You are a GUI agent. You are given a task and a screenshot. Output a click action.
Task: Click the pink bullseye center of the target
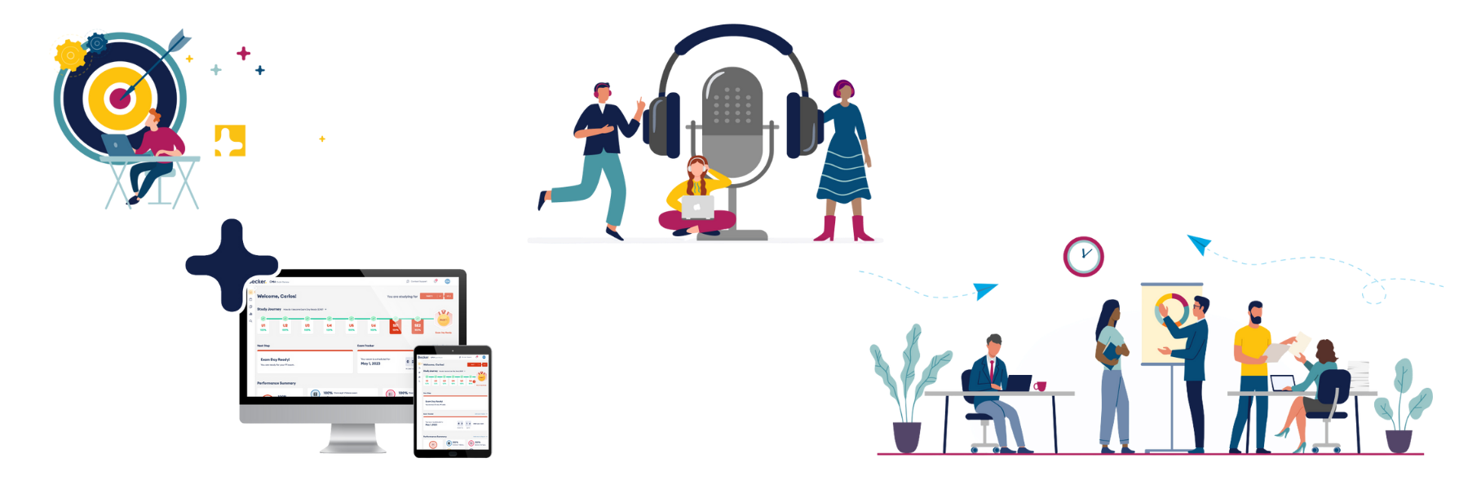pyautogui.click(x=121, y=99)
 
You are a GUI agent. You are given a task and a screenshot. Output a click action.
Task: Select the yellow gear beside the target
pyautogui.click(x=69, y=55)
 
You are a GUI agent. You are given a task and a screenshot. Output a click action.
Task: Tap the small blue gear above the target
pyautogui.click(x=97, y=42)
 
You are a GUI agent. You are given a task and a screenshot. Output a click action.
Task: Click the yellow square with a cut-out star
pyautogui.click(x=230, y=142)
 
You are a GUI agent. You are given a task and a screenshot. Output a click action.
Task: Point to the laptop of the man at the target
pyautogui.click(x=117, y=144)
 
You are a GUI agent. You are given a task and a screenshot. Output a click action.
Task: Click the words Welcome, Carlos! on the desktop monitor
pyautogui.click(x=277, y=297)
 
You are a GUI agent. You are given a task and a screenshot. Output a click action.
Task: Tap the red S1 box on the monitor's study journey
pyautogui.click(x=396, y=327)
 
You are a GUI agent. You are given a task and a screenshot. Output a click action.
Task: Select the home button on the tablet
pyautogui.click(x=453, y=452)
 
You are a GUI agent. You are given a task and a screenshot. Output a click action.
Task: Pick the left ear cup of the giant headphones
pyautogui.click(x=662, y=125)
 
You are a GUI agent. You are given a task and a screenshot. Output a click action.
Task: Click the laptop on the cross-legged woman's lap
pyautogui.click(x=697, y=208)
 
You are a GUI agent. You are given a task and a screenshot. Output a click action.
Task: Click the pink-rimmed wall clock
pyautogui.click(x=1083, y=257)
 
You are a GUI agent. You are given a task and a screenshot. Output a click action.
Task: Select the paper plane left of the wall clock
pyautogui.click(x=985, y=289)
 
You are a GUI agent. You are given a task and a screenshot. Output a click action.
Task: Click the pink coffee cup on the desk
pyautogui.click(x=1040, y=385)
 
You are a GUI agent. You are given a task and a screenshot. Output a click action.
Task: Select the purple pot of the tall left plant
pyautogui.click(x=906, y=436)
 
